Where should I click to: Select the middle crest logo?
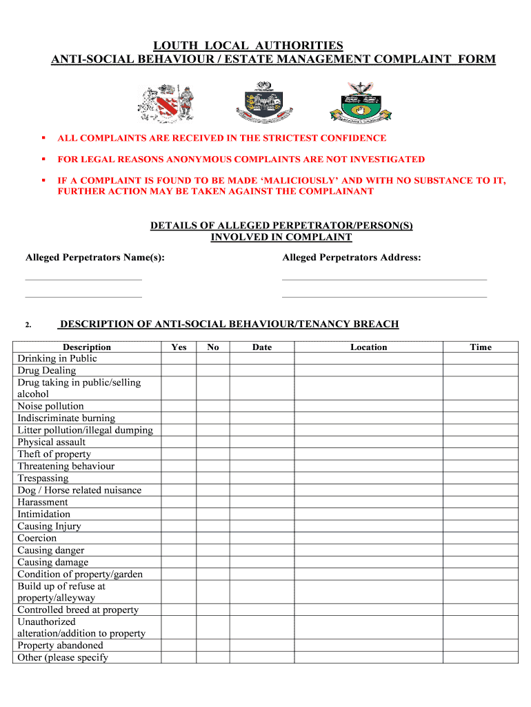coord(265,101)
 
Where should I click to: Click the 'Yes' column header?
coord(179,347)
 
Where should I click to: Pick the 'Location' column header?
coord(368,347)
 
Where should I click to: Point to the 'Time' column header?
coord(480,347)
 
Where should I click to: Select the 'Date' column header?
coord(262,347)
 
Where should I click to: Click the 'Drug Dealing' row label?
coord(47,371)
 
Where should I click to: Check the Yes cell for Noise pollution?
coord(179,407)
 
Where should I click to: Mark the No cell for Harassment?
coord(213,503)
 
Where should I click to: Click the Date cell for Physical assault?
coord(262,443)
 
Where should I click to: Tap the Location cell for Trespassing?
coord(368,478)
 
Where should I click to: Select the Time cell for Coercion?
coord(480,539)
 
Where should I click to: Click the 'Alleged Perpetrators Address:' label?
coord(351,258)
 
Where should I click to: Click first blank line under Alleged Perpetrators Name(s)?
coord(83,278)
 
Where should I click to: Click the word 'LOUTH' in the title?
coord(174,46)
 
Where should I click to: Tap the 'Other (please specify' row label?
coord(63,658)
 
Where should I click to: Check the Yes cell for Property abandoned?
coord(179,646)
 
